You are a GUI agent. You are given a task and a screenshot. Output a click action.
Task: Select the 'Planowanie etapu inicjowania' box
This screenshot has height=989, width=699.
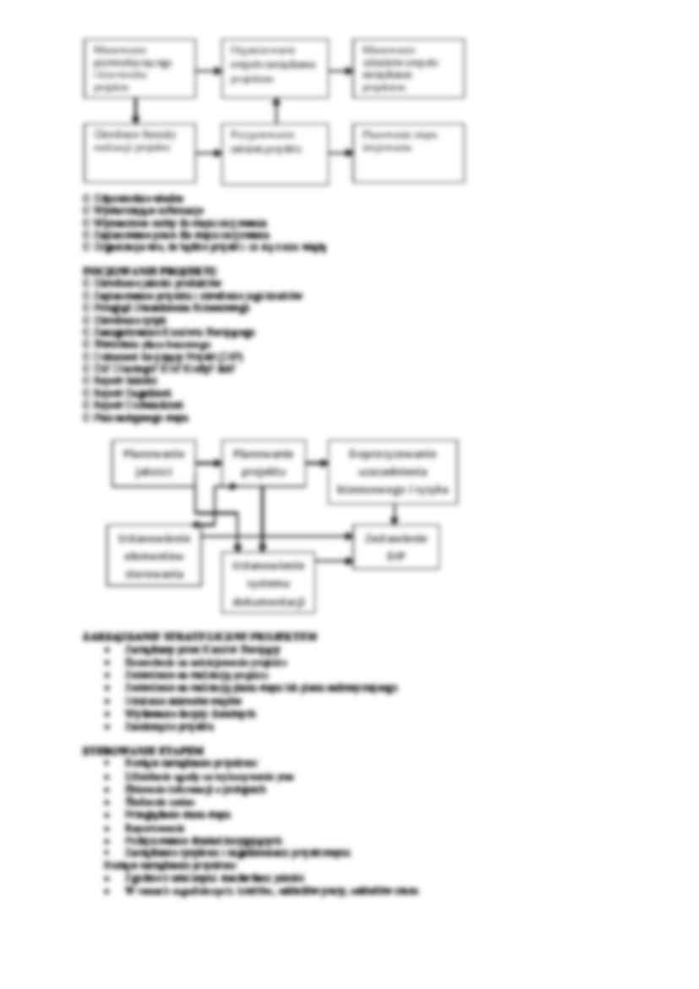coord(408,152)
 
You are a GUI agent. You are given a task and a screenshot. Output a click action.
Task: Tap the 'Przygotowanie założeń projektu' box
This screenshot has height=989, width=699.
coord(275,153)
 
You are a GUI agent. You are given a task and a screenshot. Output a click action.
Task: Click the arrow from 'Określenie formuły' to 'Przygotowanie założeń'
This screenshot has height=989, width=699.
coord(208,152)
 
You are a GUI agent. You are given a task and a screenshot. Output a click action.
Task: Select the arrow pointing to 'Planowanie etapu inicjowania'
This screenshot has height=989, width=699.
coord(341,152)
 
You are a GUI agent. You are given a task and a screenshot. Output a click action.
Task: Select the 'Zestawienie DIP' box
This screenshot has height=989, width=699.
coord(396,547)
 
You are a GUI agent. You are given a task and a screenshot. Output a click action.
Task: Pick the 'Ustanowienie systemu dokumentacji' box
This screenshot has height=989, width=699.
coord(268,581)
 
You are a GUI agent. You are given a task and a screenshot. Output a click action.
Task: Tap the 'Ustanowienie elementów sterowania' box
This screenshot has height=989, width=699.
coord(155,555)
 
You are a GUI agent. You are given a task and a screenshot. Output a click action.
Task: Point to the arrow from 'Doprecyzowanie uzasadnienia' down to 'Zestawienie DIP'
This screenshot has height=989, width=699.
coord(394,515)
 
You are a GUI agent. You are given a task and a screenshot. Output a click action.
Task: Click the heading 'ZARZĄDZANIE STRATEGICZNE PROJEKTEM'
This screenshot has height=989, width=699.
coord(200,635)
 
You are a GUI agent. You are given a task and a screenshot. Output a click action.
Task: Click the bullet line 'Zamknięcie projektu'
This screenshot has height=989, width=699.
coord(161,726)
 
